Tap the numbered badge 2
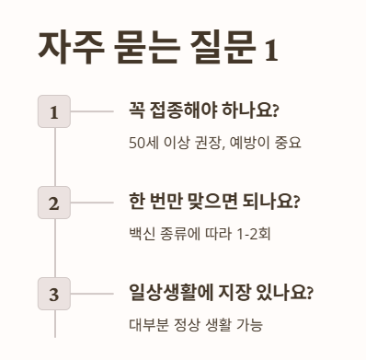click(54, 203)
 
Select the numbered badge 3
click(54, 294)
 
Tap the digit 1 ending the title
click(270, 48)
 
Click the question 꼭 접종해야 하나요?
click(204, 111)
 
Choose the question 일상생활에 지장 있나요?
click(221, 294)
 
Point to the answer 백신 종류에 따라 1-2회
click(200, 234)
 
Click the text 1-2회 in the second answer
click(253, 234)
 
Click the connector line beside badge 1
click(93, 111)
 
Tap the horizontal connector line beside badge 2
click(93, 203)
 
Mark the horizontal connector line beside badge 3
click(93, 294)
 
